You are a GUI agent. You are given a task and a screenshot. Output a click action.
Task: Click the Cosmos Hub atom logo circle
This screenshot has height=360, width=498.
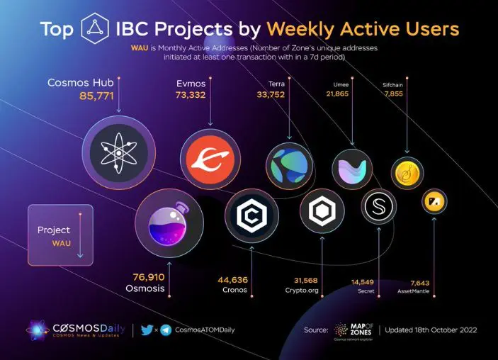[118, 150]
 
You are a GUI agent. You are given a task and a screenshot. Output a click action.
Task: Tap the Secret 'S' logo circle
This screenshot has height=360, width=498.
[379, 208]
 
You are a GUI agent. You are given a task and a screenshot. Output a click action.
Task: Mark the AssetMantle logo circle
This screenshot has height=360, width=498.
[434, 203]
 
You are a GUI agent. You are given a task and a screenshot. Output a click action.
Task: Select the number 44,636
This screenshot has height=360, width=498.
[232, 279]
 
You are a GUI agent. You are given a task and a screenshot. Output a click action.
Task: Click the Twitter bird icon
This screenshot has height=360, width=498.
[147, 330]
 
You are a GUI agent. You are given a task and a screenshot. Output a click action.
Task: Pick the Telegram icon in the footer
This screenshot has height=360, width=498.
[165, 330]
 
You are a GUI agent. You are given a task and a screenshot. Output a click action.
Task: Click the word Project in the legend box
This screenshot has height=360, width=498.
[54, 230]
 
